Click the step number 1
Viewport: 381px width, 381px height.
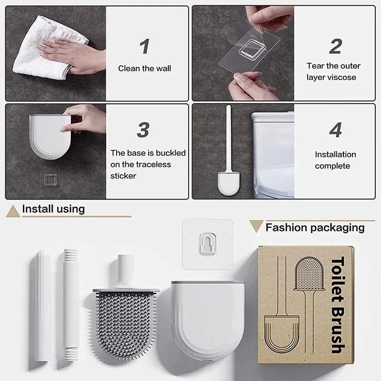click(x=144, y=47)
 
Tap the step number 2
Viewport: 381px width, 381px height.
click(x=335, y=47)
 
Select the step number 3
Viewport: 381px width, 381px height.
click(x=143, y=130)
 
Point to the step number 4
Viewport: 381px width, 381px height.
click(x=335, y=130)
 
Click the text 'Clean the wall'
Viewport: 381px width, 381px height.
click(x=144, y=69)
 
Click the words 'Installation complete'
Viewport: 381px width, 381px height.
click(x=335, y=160)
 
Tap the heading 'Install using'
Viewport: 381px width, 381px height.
click(x=53, y=209)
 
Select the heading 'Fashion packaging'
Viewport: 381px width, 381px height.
click(x=315, y=228)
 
